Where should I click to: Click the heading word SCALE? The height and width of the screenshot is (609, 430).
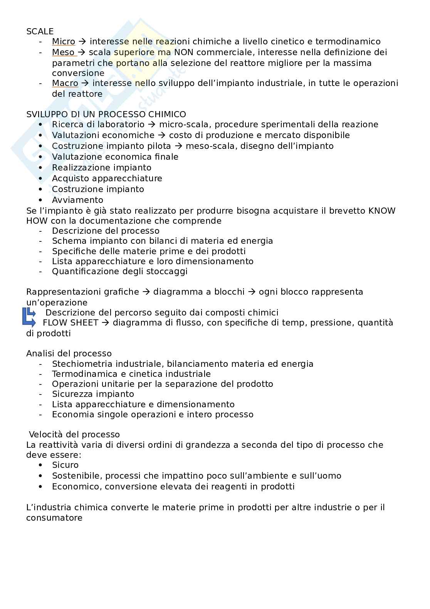(40, 31)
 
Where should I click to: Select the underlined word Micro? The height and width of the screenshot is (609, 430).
(64, 42)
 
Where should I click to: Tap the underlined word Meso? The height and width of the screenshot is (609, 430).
(64, 52)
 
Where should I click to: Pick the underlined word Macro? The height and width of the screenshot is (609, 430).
(65, 83)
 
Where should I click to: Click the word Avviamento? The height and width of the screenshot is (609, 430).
(77, 200)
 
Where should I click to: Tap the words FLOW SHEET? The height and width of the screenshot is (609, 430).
(71, 322)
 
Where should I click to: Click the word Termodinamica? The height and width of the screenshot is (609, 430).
(79, 374)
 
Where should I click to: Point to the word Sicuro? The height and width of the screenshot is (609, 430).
(65, 465)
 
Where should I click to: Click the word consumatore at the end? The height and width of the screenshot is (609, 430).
(54, 518)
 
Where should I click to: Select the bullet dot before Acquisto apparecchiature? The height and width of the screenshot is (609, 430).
(41, 178)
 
